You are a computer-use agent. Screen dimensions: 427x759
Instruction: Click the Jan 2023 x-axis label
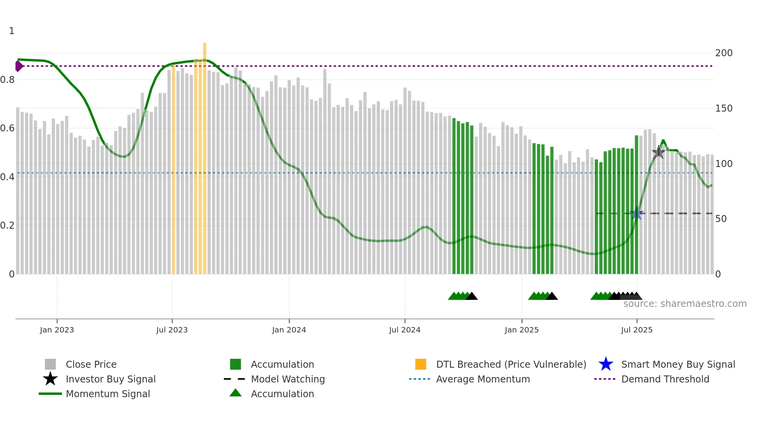click(57, 330)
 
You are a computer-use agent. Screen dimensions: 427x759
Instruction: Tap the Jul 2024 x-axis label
click(405, 330)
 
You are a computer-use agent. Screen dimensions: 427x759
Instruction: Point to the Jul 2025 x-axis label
click(637, 330)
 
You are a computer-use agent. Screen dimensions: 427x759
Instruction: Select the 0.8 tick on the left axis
click(7, 80)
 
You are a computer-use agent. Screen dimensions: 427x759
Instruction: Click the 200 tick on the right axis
click(723, 53)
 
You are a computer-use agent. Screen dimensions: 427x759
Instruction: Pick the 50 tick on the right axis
click(721, 219)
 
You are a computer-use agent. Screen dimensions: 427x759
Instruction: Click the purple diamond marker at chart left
click(19, 66)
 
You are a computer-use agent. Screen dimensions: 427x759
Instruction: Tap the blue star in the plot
click(637, 213)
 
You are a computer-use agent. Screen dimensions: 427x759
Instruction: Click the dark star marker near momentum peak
click(659, 152)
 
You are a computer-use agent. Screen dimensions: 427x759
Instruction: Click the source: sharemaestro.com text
click(685, 304)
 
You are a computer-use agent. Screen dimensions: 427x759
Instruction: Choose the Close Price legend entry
click(91, 364)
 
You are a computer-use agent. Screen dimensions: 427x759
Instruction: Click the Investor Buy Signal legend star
click(50, 379)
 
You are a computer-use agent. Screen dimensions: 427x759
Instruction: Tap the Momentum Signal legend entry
click(108, 394)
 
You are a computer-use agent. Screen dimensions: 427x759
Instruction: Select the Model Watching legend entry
click(287, 379)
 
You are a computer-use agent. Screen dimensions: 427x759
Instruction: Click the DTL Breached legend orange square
click(421, 364)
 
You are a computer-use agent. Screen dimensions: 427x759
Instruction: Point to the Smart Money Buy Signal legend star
click(606, 364)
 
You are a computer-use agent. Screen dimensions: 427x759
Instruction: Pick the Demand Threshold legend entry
click(665, 379)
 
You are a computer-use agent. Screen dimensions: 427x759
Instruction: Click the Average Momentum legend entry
click(483, 379)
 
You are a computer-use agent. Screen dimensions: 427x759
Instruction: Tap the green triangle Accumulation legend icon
click(235, 393)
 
